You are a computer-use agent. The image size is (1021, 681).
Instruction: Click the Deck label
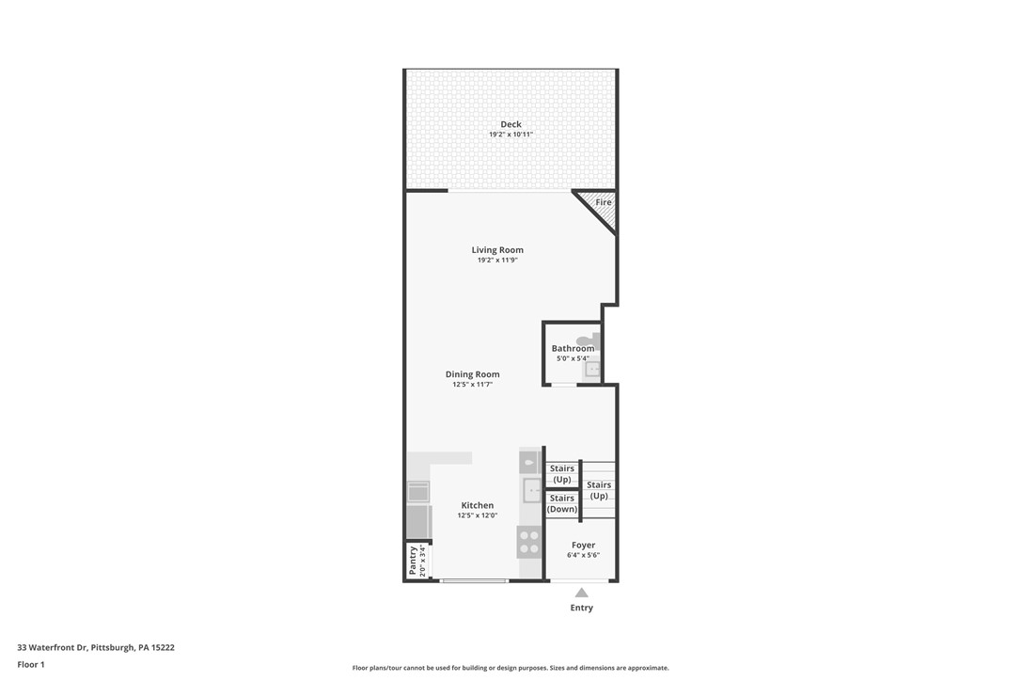[x=510, y=124]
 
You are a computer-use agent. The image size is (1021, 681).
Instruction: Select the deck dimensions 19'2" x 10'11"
[x=510, y=135]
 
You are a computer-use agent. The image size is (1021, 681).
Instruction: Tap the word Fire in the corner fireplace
[x=604, y=202]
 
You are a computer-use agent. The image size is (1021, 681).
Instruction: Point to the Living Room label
[x=497, y=250]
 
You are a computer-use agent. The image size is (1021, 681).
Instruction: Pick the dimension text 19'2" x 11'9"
[x=497, y=261]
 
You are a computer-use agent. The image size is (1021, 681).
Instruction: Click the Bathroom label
[x=573, y=348]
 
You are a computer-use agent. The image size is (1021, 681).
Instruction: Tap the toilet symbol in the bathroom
[x=586, y=340]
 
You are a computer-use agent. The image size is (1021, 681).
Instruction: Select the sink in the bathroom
[x=592, y=370]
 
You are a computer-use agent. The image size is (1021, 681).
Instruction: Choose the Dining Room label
[x=472, y=374]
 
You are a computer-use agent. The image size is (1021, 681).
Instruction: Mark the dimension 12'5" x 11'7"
[x=472, y=385]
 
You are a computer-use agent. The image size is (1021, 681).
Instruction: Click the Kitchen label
[x=477, y=505]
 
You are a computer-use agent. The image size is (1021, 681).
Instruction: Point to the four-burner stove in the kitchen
[x=529, y=542]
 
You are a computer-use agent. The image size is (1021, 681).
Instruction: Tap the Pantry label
[x=413, y=562]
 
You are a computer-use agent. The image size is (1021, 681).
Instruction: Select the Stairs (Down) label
[x=562, y=503]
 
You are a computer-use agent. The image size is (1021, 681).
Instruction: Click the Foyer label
[x=583, y=545]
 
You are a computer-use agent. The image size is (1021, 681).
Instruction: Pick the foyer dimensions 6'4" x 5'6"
[x=583, y=555]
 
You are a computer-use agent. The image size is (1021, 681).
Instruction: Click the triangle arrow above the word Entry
[x=582, y=593]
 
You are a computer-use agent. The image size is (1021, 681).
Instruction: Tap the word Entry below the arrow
[x=582, y=608]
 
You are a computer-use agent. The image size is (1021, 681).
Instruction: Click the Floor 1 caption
[x=31, y=664]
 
